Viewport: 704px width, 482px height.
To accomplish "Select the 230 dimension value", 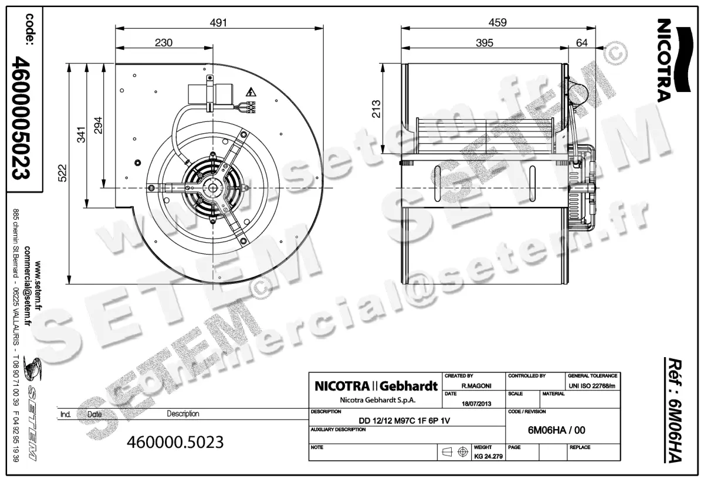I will point(164,43).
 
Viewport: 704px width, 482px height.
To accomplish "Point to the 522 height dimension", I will point(63,172).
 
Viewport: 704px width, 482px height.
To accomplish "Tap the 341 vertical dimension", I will point(81,135).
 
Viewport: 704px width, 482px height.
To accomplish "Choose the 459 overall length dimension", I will point(497,22).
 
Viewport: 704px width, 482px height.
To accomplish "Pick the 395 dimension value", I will point(484,43).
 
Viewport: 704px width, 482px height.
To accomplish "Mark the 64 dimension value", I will point(582,43).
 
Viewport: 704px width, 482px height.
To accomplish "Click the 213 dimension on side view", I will point(377,109).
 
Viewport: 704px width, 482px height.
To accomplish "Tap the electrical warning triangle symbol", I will point(251,91).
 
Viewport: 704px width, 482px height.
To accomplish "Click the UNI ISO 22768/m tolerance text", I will point(592,386).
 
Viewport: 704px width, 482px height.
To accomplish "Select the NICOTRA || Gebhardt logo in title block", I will point(376,386).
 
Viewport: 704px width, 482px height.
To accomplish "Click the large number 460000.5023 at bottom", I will point(175,442).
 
